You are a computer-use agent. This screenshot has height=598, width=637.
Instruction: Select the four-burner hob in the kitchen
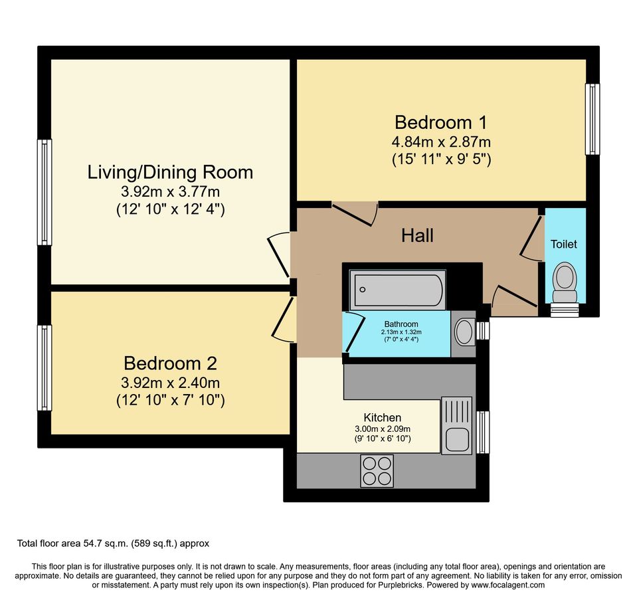[377, 471]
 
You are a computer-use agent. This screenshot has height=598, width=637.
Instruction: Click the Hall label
[418, 235]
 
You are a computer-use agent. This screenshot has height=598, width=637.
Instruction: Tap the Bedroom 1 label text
[440, 122]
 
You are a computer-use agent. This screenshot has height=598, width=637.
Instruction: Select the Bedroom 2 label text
[170, 363]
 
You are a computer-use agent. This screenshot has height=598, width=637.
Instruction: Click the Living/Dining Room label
[170, 172]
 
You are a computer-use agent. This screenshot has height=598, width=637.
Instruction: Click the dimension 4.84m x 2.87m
[441, 142]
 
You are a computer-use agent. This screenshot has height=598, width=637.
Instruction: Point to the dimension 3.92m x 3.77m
[170, 193]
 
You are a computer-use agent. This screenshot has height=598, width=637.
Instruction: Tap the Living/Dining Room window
[45, 192]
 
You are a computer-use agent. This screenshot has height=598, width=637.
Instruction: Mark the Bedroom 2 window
[45, 367]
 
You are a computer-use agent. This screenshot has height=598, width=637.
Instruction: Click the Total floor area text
[113, 544]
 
